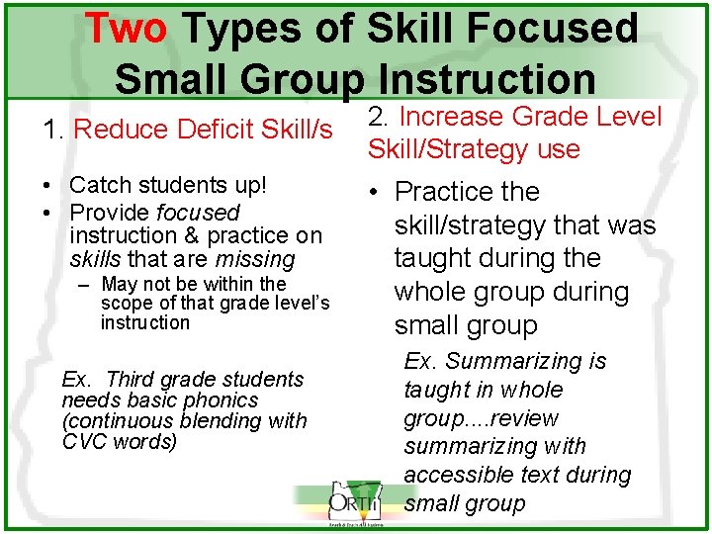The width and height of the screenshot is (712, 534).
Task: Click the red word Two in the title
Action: [x=126, y=29]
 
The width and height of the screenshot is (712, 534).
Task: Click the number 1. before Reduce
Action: [x=53, y=130]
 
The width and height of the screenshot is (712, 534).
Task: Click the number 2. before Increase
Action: [x=380, y=117]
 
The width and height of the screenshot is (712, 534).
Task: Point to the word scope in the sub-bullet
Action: [x=128, y=304]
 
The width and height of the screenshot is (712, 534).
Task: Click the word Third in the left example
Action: [x=131, y=379]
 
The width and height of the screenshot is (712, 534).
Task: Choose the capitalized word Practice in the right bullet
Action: [x=467, y=191]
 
